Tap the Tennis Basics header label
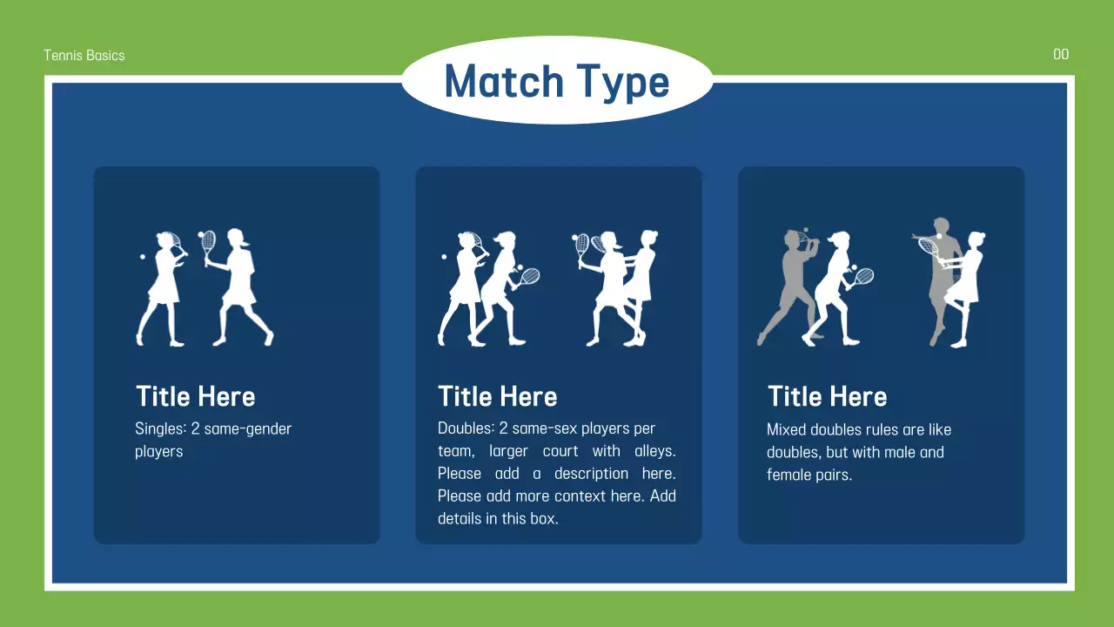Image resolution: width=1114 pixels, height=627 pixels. coord(84,55)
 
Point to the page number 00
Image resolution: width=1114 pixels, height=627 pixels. coord(1060,55)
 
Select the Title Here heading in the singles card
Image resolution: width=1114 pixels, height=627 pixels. coord(195,397)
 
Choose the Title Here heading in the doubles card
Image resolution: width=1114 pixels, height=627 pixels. coord(497,397)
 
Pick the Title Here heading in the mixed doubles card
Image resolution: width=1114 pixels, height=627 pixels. coord(827,397)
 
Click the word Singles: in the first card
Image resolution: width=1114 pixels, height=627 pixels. coord(160,428)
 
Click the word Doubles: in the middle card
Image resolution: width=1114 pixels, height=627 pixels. coord(465,428)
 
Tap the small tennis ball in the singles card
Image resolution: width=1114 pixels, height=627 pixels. coord(143,258)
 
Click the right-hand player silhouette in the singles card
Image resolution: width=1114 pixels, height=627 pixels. coord(239,287)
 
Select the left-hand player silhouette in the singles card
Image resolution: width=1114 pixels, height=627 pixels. coord(163,287)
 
